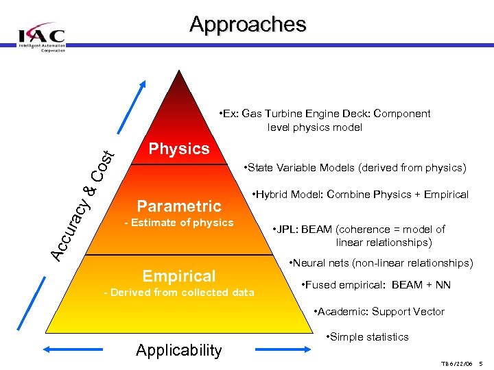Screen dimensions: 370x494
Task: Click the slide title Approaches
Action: (248, 25)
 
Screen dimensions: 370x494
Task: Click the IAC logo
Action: (42, 36)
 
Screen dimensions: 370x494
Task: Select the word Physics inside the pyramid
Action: (179, 149)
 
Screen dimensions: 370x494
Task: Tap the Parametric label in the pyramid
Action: (179, 206)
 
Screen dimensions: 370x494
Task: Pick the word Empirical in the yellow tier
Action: (178, 275)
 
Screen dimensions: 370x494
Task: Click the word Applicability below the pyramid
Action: (179, 350)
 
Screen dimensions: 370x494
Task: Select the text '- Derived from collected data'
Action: (178, 293)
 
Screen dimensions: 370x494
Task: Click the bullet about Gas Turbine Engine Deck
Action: (322, 120)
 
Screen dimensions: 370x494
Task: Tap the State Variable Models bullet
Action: (355, 168)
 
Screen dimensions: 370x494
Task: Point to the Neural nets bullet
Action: (380, 263)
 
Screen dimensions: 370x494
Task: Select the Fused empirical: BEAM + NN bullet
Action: (376, 285)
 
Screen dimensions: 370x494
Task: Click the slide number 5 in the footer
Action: (482, 362)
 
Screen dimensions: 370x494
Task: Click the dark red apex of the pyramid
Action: (180, 86)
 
